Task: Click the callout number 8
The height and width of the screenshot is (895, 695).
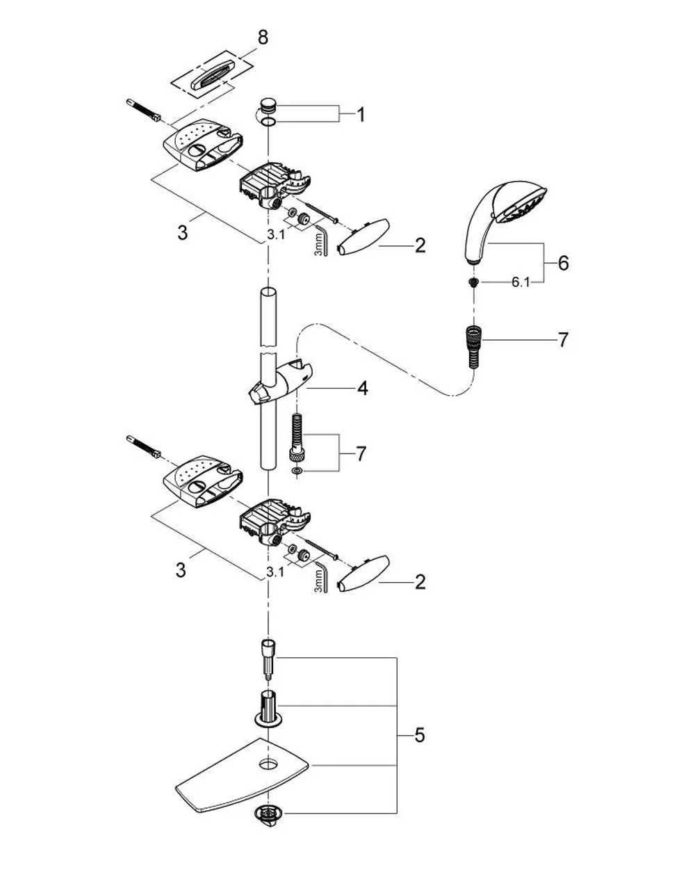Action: [263, 37]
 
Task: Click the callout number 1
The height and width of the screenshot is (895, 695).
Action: [361, 115]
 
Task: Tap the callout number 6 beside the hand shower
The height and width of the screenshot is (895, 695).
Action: [563, 263]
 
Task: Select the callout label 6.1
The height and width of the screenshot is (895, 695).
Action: [521, 282]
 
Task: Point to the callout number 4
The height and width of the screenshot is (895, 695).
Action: [362, 389]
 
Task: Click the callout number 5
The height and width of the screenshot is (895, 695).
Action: [419, 735]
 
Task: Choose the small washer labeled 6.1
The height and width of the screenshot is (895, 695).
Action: [474, 282]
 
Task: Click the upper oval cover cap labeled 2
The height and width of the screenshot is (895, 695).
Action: [363, 237]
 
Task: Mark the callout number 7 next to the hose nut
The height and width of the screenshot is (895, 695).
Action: [563, 340]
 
